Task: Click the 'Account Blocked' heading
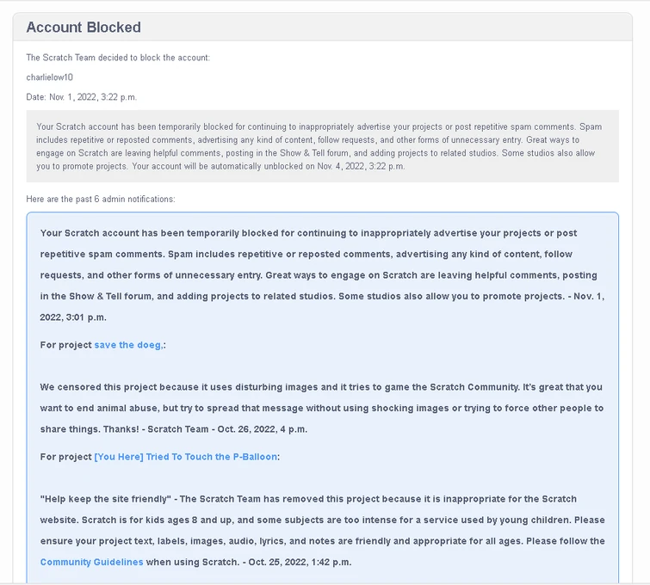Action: click(x=84, y=28)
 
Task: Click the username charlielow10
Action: click(x=50, y=77)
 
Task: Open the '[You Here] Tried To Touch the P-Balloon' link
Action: click(x=186, y=457)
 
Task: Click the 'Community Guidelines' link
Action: click(x=91, y=563)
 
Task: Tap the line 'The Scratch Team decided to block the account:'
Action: click(x=118, y=58)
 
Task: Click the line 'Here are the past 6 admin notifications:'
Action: click(x=101, y=199)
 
